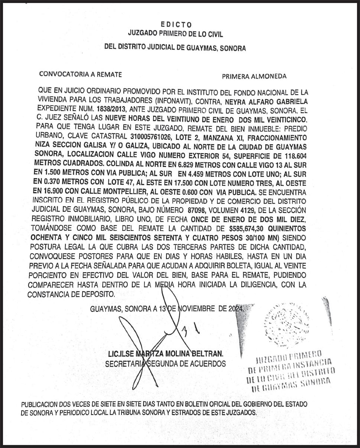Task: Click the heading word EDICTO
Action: pos(176,25)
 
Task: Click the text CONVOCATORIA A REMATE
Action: pos(80,74)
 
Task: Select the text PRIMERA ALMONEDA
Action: pos(254,76)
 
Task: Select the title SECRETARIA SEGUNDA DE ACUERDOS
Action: pos(165,364)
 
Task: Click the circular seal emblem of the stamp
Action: pos(282,324)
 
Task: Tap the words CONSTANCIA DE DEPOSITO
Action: pos(71,294)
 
